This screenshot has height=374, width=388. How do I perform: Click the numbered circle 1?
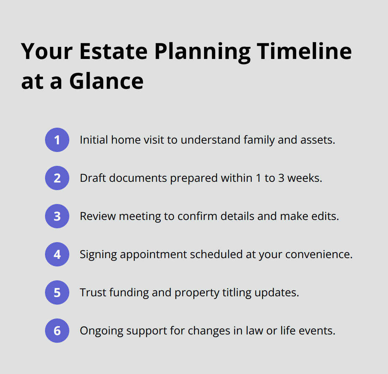tap(57, 140)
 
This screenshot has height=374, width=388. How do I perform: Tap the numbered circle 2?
tap(57, 178)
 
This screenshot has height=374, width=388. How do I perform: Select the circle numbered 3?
tap(57, 216)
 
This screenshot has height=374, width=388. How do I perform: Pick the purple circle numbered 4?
tap(57, 254)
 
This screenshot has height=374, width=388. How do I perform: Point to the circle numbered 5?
tap(57, 292)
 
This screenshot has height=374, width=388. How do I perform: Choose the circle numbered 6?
tap(57, 331)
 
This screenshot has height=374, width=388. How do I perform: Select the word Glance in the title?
tap(106, 81)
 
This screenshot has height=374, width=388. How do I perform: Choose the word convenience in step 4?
tap(319, 254)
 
